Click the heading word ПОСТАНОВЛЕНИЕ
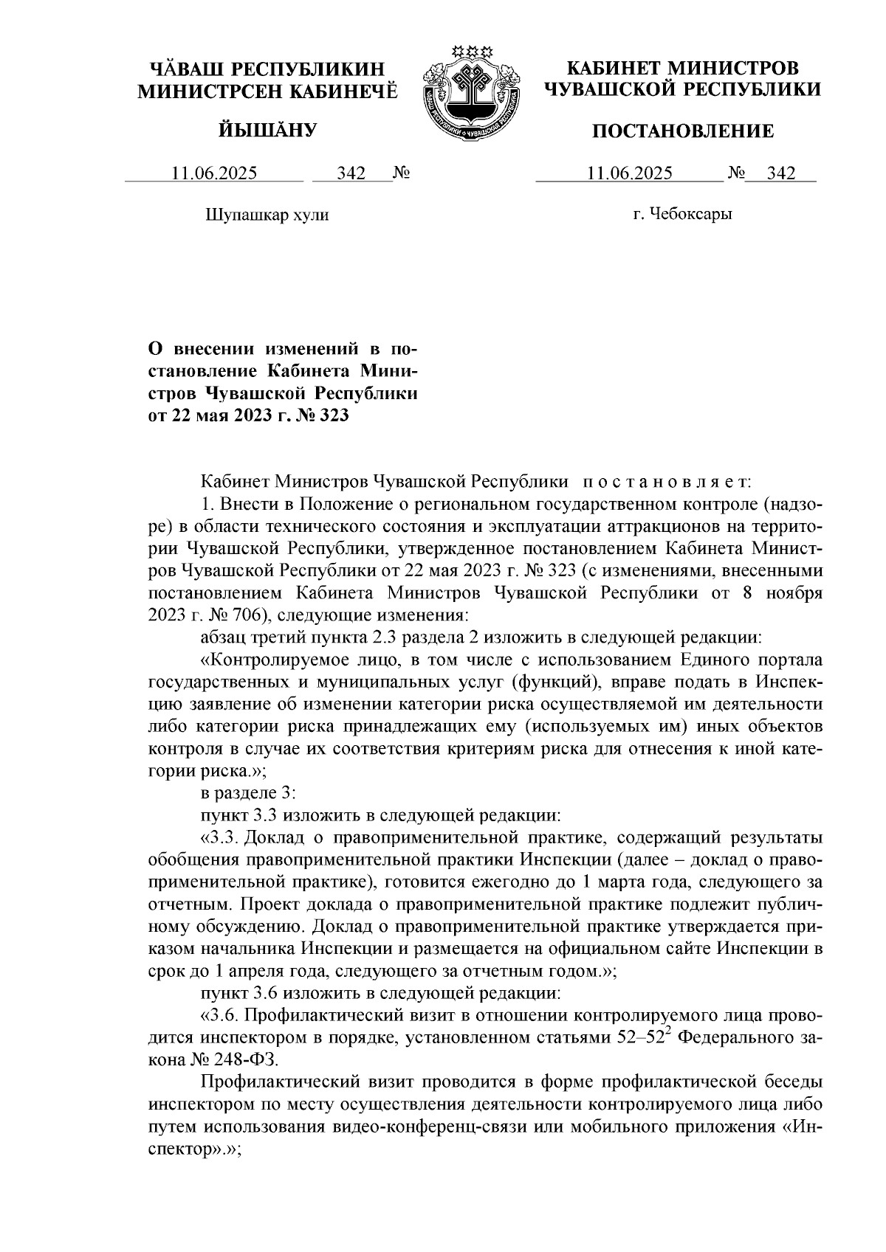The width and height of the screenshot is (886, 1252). (x=684, y=132)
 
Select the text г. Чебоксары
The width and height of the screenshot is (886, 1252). (x=682, y=215)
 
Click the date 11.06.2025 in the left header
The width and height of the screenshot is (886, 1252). (x=214, y=174)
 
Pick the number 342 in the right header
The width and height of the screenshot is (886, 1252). (x=781, y=174)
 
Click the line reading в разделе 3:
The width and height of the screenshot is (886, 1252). (x=249, y=793)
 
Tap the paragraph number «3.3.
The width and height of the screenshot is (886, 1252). (x=219, y=838)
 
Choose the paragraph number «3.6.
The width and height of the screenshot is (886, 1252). (x=219, y=1016)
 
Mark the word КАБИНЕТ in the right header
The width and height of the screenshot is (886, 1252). (x=613, y=69)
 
